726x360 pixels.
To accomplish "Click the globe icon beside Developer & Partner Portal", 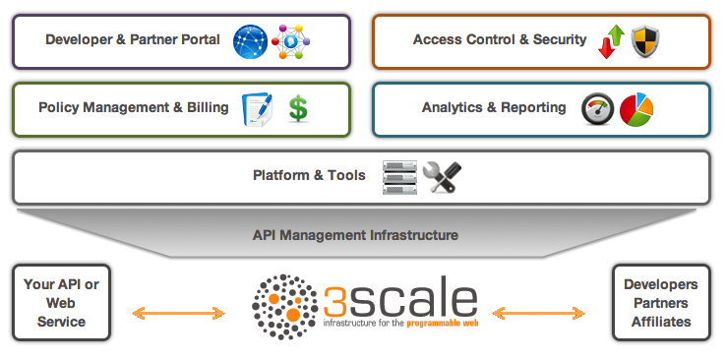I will point(250,41).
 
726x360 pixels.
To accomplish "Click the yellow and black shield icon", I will point(644,41).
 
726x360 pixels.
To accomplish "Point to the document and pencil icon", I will point(258,108).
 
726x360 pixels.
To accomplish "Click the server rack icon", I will point(399,177).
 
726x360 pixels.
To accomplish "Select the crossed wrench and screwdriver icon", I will point(441,177).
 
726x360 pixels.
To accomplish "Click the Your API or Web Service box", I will point(61,302).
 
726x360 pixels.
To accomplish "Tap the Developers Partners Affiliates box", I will point(661,302).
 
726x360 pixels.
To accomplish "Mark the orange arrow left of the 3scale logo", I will point(179,314).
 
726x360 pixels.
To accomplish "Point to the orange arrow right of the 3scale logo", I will point(542,314).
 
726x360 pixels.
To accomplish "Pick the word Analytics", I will point(455,107).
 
